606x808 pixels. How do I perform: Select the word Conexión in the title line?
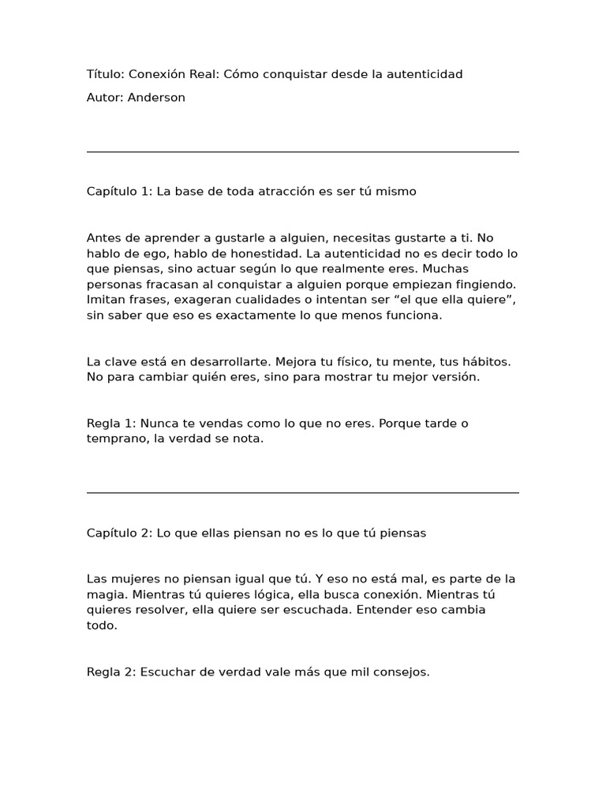click(159, 74)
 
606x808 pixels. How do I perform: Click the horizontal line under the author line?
click(303, 151)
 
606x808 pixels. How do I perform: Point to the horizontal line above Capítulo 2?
click(303, 493)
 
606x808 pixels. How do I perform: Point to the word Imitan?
click(106, 300)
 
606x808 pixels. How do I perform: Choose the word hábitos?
click(485, 361)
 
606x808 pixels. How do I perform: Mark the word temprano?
click(117, 439)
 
